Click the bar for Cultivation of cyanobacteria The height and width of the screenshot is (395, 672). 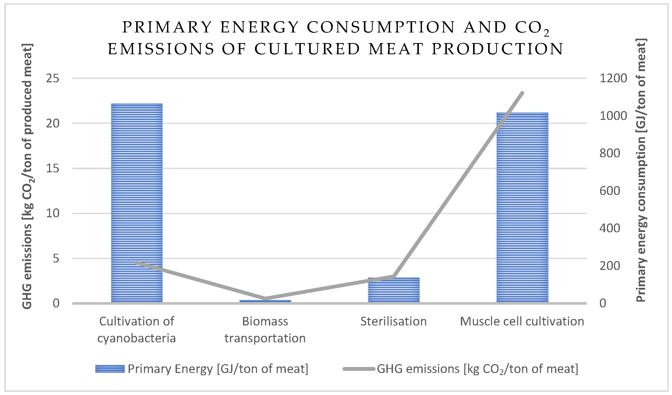(x=137, y=203)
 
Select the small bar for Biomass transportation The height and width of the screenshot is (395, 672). (x=265, y=301)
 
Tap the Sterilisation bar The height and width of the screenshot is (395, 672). (x=394, y=290)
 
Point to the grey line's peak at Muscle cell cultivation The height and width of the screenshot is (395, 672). (x=522, y=93)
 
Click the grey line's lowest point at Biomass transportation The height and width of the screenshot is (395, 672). (x=265, y=298)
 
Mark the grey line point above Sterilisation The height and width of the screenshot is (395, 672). (x=394, y=276)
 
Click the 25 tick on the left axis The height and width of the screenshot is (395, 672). (x=53, y=78)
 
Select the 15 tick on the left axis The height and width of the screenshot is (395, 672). (x=53, y=168)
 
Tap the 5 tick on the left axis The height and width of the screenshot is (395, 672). (x=56, y=258)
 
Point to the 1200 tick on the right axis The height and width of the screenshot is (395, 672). (x=613, y=78)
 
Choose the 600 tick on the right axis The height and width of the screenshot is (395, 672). (x=609, y=191)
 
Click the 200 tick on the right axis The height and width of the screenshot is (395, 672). (x=609, y=266)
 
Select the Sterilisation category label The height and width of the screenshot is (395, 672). (x=393, y=321)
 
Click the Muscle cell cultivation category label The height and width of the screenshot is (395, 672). (x=522, y=321)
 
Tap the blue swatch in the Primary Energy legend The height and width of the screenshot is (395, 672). (x=110, y=369)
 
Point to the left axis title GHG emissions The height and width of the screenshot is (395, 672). (x=27, y=176)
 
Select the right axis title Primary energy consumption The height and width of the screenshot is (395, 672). (x=641, y=171)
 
